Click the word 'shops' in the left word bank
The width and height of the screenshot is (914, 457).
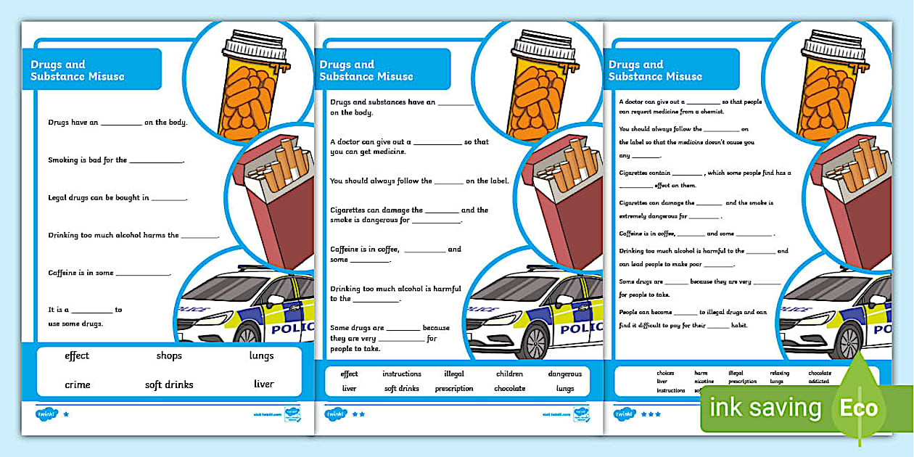[169, 355]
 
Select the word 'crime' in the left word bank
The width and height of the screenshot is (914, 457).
[78, 384]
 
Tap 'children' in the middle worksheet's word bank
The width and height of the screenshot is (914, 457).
[509, 374]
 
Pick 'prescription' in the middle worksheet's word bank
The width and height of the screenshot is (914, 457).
[454, 389]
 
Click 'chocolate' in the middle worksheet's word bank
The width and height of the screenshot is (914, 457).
[509, 389]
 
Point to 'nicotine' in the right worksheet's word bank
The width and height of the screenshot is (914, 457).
[704, 382]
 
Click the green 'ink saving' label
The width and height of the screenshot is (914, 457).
[765, 408]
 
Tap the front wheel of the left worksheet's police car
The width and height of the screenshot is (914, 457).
[247, 335]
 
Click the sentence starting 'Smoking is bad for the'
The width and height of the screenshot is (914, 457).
[116, 160]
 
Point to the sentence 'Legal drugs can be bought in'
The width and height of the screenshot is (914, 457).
[118, 197]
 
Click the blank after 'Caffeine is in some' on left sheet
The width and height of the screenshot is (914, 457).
[143, 273]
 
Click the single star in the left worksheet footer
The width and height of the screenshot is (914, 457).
[67, 415]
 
